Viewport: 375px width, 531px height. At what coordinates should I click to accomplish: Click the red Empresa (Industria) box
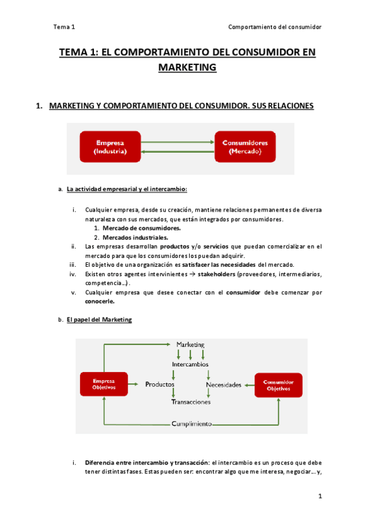pos(110,147)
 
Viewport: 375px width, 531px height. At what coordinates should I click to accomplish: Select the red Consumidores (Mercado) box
pos(245,147)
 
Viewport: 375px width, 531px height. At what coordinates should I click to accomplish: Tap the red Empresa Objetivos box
pos(103,384)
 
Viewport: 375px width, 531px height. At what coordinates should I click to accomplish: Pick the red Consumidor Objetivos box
pos(278,384)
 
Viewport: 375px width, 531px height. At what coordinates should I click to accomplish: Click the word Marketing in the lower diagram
pos(190,345)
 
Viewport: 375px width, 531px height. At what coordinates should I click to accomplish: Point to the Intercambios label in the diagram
pos(190,364)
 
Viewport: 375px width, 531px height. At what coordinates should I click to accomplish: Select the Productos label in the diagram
pos(160,384)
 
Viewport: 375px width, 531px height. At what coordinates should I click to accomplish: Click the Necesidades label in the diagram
pos(223,384)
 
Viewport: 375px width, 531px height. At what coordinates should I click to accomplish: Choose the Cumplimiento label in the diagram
pos(192,424)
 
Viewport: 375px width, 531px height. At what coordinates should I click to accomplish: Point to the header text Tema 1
pos(64,27)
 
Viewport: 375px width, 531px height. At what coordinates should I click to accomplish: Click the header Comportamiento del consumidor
pos(274,27)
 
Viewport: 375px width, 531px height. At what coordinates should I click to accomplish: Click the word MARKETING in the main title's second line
pos(187,67)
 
